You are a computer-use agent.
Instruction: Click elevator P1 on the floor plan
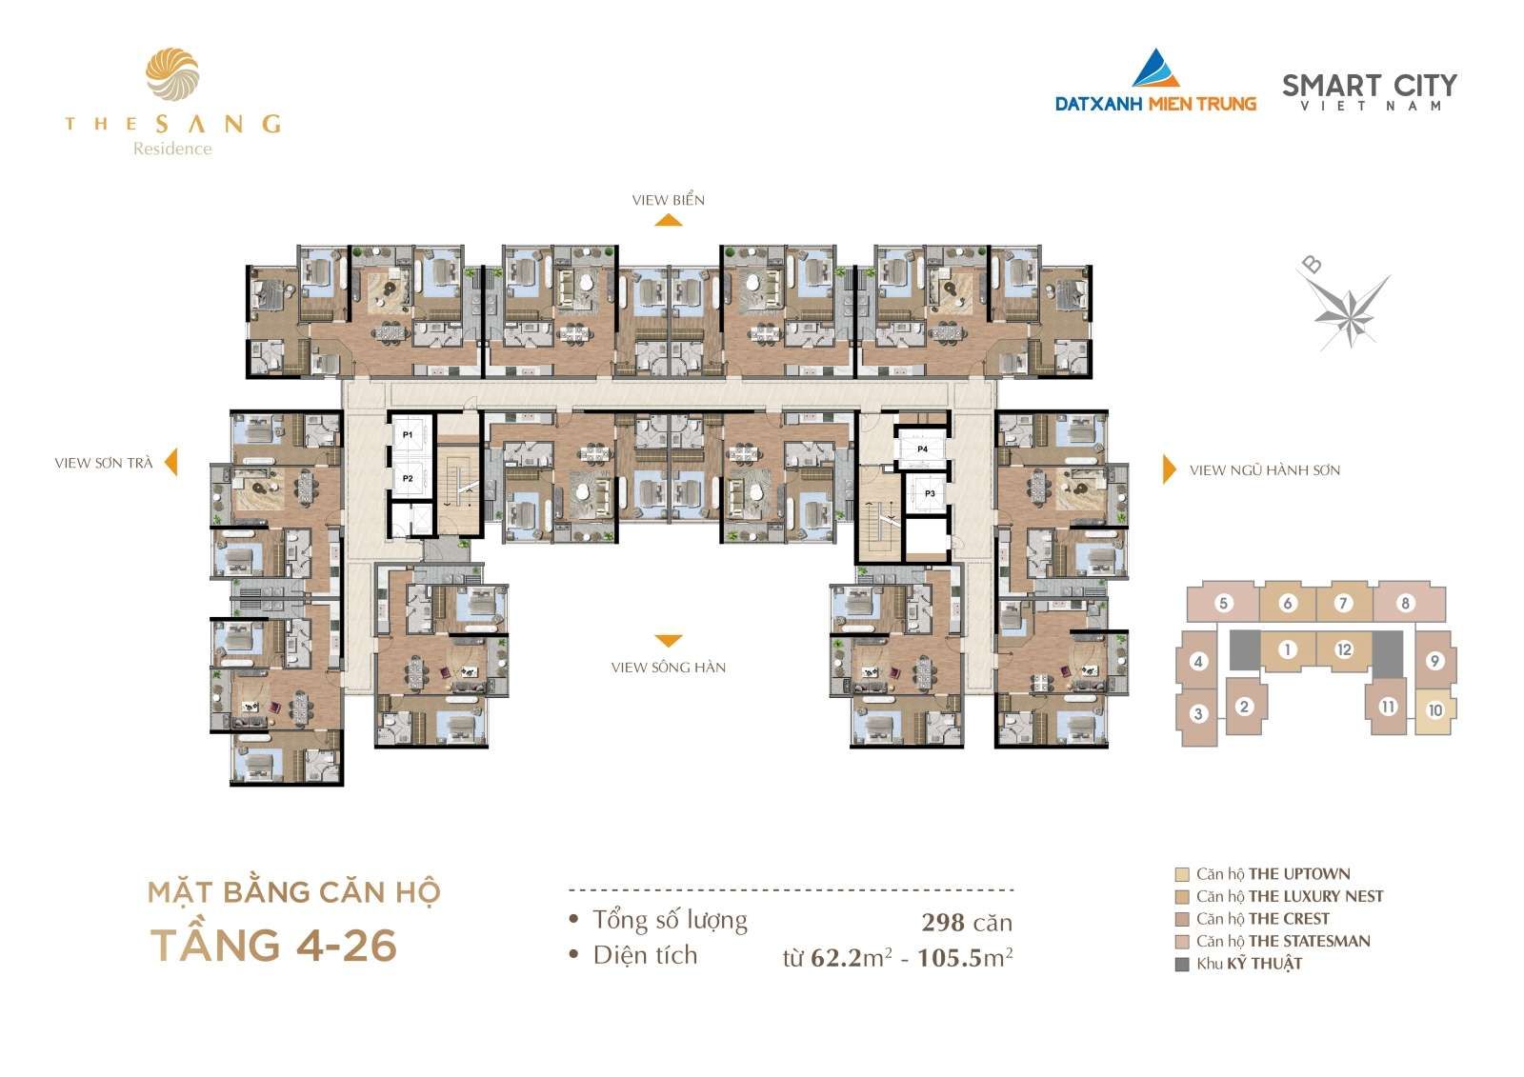coord(408,434)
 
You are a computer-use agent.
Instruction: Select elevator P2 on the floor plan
coord(408,478)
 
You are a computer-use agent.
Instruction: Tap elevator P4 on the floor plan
coord(922,449)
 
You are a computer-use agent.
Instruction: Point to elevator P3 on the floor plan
coord(929,492)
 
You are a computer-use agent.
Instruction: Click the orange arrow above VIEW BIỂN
coord(669,220)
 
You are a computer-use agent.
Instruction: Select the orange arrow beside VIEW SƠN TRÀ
coord(171,462)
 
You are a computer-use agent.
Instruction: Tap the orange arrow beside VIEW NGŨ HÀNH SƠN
coord(1169,469)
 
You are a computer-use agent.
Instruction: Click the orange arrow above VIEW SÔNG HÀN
coord(668,641)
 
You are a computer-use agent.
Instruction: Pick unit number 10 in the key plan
coord(1434,710)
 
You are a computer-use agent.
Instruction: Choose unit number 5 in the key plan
coord(1223,603)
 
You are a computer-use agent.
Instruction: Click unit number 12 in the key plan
coord(1344,649)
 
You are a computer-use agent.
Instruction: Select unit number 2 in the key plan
coord(1244,707)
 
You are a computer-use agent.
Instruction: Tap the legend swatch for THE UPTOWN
coord(1182,874)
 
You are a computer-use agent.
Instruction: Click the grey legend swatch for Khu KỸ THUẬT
coord(1182,964)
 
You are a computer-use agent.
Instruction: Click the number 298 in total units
coord(944,923)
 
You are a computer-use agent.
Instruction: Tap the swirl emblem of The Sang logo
coord(172,74)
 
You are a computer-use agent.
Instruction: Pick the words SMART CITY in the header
coord(1370,86)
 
